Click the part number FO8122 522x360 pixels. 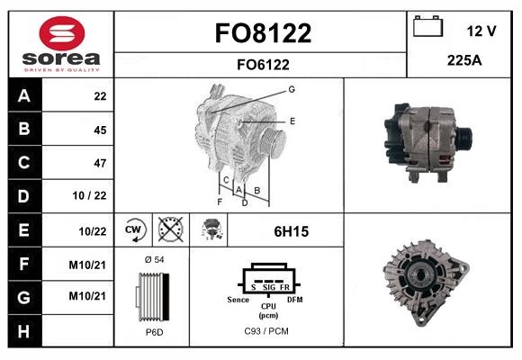pyautogui.click(x=263, y=33)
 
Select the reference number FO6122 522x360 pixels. pyautogui.click(x=263, y=64)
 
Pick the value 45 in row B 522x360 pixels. pyautogui.click(x=100, y=130)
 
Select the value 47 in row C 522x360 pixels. pyautogui.click(x=100, y=163)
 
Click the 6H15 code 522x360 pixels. pyautogui.click(x=291, y=231)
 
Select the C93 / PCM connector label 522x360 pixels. pyautogui.click(x=266, y=331)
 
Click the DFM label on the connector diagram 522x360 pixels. pyautogui.click(x=295, y=298)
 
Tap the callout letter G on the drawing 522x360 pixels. pyautogui.click(x=292, y=89)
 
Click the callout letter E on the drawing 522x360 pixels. pyautogui.click(x=292, y=120)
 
